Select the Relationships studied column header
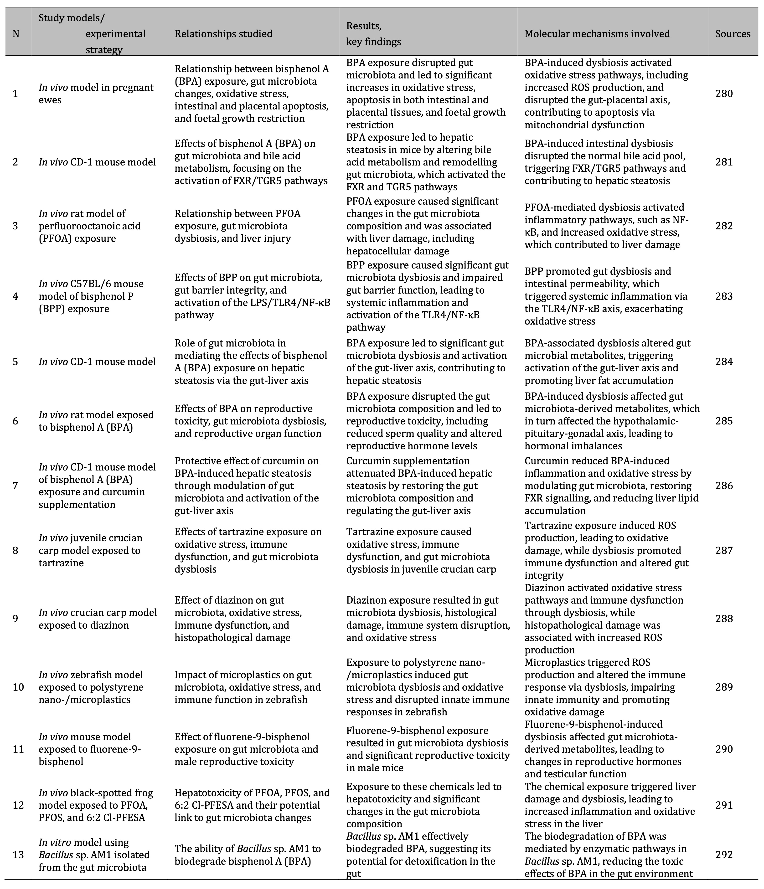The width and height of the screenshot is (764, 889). pos(223,34)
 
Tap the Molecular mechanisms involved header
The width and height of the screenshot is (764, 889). pos(597,34)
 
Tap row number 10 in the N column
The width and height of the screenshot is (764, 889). pos(18,687)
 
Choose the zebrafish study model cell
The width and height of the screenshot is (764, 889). pos(91,687)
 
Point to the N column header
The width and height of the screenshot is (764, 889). pos(16,34)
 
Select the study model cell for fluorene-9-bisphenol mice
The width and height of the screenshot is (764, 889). pos(90,749)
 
